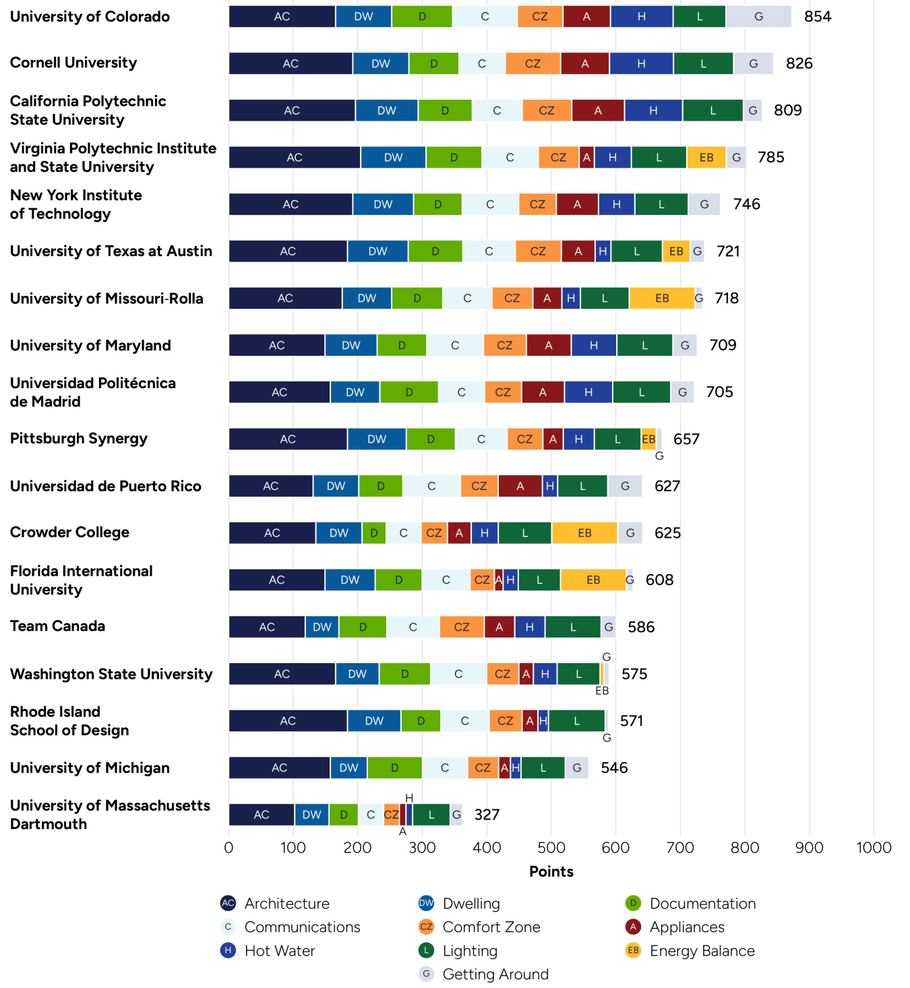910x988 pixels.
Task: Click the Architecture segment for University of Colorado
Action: [x=282, y=17]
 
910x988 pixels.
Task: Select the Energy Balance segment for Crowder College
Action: [x=584, y=533]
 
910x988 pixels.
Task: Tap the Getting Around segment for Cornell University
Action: [x=753, y=63]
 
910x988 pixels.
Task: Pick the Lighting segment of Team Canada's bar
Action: [x=573, y=627]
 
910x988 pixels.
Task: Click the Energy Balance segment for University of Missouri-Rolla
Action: [x=662, y=298]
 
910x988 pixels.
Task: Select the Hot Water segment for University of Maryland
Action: [x=593, y=345]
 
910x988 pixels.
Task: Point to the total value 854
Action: [x=818, y=17]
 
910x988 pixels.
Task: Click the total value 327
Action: [x=487, y=815]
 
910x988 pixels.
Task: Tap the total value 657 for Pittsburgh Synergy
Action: [x=686, y=439]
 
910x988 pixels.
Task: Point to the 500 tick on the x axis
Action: [x=551, y=848]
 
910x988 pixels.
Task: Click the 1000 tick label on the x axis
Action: [x=874, y=848]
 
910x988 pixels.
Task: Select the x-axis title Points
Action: [x=551, y=871]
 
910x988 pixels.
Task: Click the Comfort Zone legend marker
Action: [x=426, y=927]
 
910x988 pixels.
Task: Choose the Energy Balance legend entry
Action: [x=702, y=951]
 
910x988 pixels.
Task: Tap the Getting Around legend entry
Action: [x=495, y=975]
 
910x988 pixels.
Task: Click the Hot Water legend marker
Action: [x=228, y=951]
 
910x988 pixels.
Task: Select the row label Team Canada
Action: [x=57, y=626]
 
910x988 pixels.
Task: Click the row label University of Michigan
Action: [x=90, y=768]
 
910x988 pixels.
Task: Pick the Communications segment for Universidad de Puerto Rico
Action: [x=431, y=486]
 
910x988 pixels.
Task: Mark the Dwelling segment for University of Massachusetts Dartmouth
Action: [x=311, y=815]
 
